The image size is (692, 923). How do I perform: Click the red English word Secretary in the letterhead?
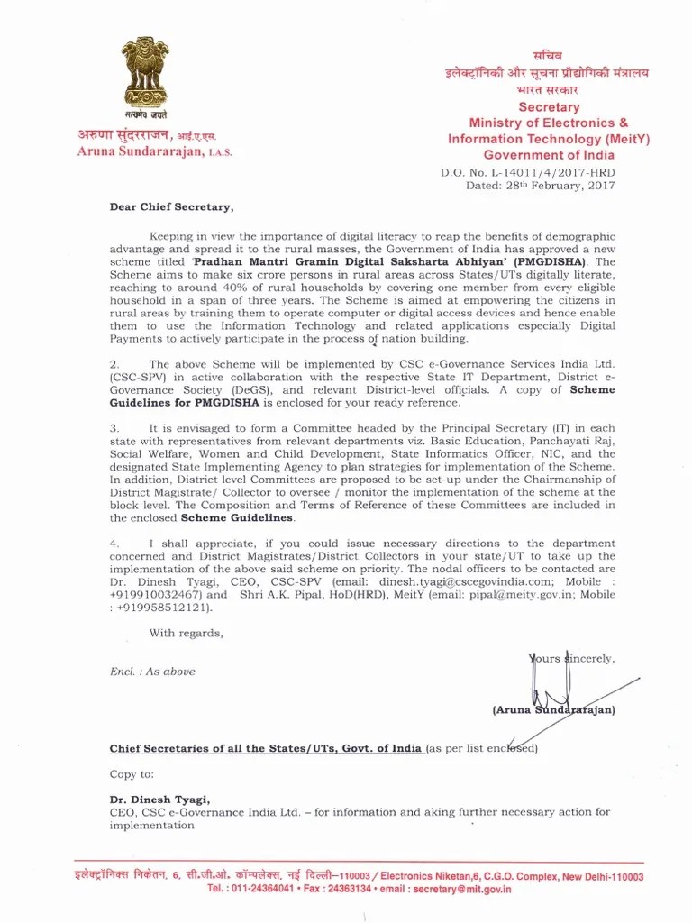(549, 106)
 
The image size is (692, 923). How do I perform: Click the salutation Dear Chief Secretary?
(170, 206)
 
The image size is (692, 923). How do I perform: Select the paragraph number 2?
(114, 364)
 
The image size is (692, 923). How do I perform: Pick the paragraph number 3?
(114, 427)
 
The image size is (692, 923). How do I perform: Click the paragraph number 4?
(114, 544)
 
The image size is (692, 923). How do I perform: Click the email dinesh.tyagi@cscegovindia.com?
(459, 582)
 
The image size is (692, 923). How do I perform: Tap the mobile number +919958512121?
(159, 608)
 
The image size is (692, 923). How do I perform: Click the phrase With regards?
(186, 633)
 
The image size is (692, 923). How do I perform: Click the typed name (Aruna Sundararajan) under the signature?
(553, 710)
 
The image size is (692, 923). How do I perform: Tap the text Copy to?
(132, 774)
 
